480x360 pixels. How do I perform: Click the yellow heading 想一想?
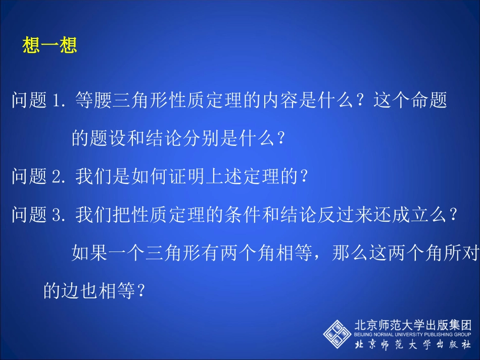[x=50, y=46]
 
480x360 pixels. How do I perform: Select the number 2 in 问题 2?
[x=57, y=176]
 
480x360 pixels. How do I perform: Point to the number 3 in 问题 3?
[x=57, y=215]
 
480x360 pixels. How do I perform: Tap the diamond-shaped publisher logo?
[x=337, y=334]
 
